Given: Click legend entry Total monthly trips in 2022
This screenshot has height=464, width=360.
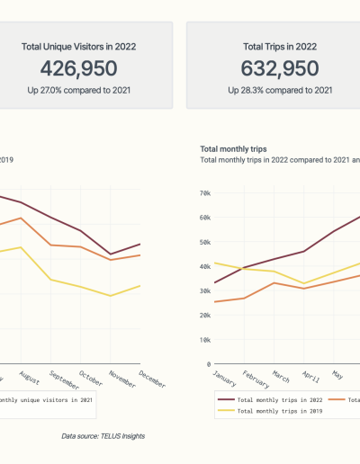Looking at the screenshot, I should coord(269,398).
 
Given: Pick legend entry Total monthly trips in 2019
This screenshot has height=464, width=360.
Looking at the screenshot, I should coord(269,410).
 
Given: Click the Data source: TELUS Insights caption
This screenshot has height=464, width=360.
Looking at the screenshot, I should coord(103,436).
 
